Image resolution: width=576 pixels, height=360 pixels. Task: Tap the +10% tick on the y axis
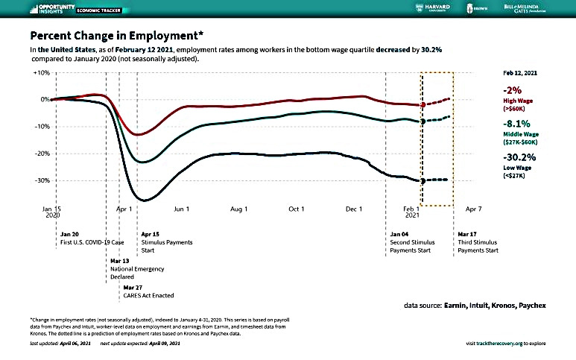(41, 73)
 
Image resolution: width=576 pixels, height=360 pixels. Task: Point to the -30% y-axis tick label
(41, 180)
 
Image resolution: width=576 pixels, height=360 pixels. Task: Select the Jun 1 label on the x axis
(182, 211)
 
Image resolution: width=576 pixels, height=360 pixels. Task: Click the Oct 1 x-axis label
(295, 211)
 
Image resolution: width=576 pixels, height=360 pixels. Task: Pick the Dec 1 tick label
(353, 211)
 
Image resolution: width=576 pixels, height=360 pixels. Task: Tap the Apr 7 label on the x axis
(474, 211)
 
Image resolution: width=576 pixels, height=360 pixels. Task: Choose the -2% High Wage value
(513, 90)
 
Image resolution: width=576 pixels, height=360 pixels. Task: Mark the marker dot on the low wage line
(422, 181)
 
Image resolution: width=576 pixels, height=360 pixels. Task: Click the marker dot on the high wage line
(422, 105)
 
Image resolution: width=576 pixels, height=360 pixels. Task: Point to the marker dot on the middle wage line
(422, 121)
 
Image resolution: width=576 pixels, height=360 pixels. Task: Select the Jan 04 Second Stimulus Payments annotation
(414, 242)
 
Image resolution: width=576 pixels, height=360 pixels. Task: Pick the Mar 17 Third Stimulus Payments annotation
(478, 242)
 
